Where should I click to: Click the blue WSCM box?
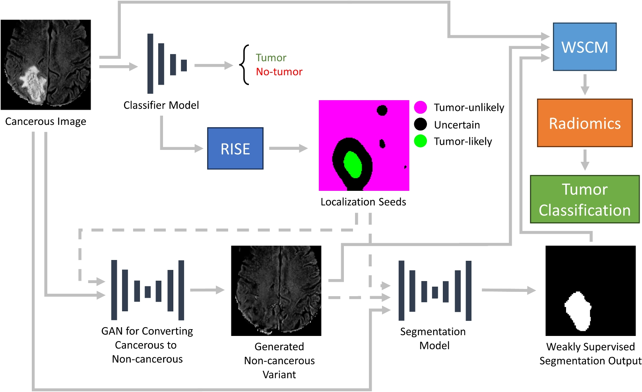point(585,47)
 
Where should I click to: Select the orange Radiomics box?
point(585,123)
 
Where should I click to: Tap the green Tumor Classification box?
point(585,199)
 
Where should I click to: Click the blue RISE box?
point(235,148)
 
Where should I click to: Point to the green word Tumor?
point(271,58)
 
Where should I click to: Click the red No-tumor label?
point(279,72)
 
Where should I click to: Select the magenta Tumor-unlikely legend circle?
point(421,107)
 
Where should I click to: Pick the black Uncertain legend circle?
point(421,124)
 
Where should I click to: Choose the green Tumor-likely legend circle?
point(421,141)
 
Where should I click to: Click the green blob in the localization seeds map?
point(353,165)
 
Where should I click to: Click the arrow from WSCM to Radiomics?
point(585,85)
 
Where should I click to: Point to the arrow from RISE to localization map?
point(288,148)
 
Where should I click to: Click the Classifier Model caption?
point(161,105)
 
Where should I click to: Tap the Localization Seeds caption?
point(363,202)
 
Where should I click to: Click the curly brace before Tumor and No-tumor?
point(244,65)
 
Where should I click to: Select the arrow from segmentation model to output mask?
point(509,290)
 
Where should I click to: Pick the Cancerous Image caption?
point(46,122)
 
